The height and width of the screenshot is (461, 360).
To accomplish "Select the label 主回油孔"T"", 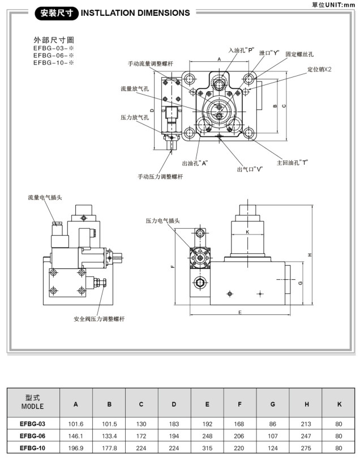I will (x=292, y=163).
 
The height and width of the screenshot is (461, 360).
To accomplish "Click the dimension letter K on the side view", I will (x=247, y=232).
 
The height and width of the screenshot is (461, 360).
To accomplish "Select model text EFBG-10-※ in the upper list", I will (x=54, y=63).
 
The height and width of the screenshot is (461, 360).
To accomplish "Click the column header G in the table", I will (x=273, y=404).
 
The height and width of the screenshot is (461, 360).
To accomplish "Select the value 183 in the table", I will (x=174, y=424).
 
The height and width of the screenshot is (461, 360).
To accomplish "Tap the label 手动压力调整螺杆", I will (x=161, y=177).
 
